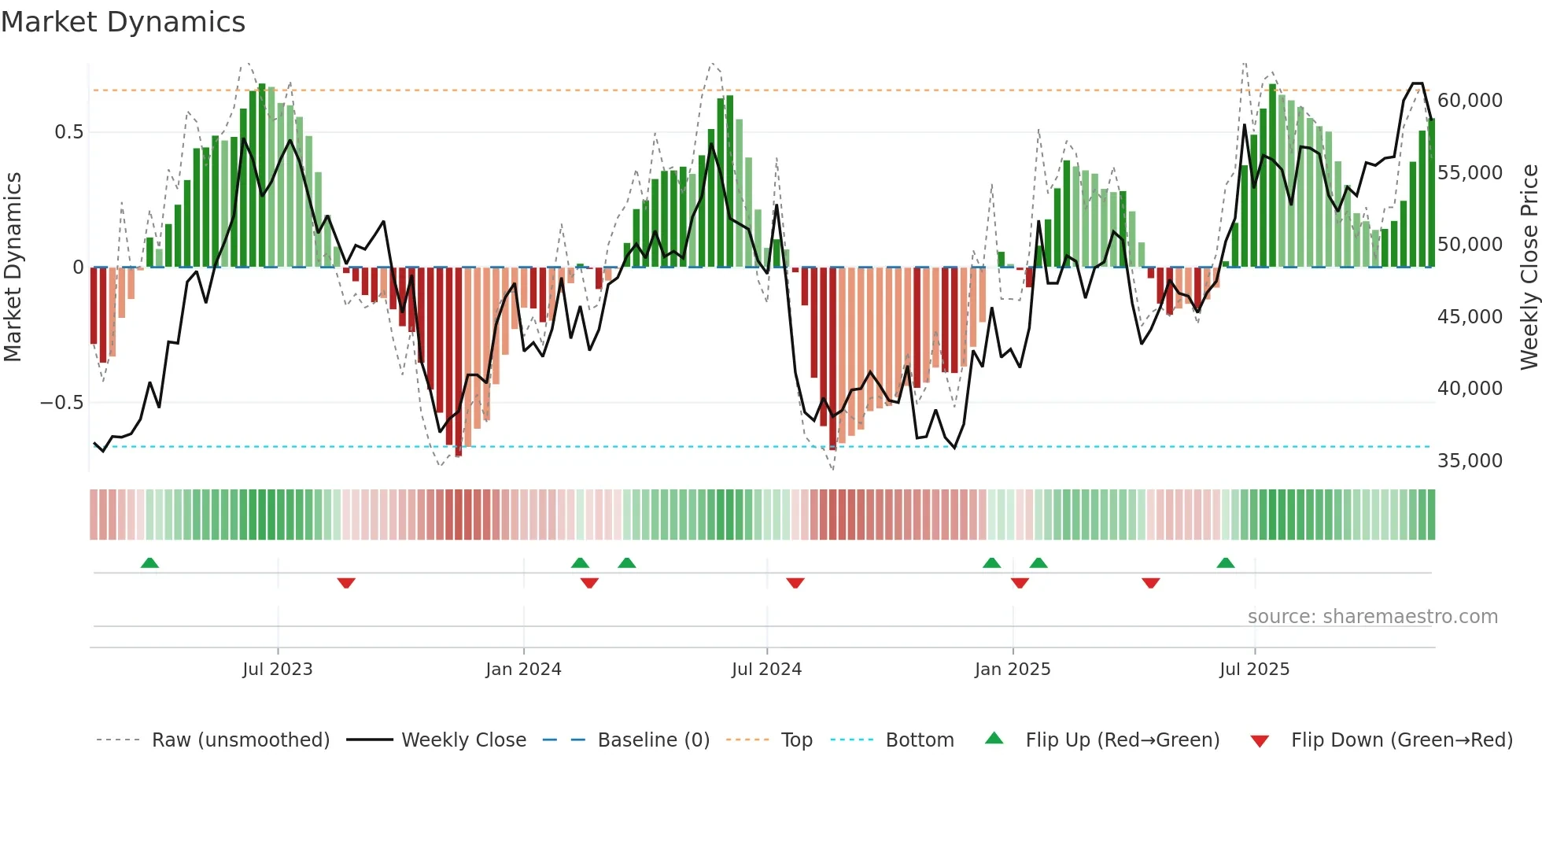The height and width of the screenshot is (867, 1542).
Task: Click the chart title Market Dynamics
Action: point(123,22)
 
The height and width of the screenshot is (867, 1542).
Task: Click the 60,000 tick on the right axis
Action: point(1470,101)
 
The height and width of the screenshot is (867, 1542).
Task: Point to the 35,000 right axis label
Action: point(1470,461)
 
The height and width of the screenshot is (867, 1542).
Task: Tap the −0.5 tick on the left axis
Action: point(61,403)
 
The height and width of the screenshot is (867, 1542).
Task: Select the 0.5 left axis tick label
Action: point(68,132)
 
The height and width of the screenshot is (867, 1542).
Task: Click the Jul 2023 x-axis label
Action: point(277,670)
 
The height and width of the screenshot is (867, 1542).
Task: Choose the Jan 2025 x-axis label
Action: point(1012,670)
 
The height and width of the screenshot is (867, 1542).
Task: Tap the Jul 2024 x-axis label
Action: point(766,670)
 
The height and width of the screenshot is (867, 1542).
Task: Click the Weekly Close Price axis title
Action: point(1529,267)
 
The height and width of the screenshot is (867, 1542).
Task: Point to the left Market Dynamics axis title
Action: point(13,267)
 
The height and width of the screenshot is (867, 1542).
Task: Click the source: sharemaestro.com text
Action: point(1372,617)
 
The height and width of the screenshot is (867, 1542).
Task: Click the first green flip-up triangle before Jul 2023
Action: point(149,563)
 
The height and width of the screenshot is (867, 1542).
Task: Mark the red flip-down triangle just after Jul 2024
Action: point(795,583)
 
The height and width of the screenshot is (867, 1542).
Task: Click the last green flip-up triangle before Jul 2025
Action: point(1225,563)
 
